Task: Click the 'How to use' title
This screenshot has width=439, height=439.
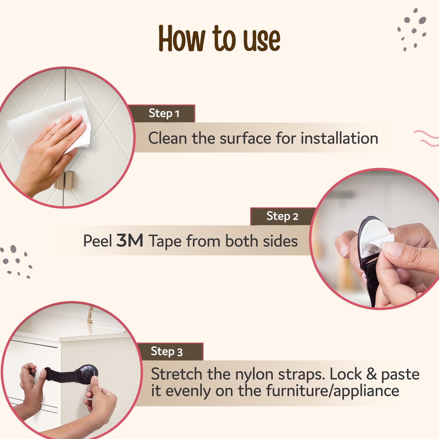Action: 219,39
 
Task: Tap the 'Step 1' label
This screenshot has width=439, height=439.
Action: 164,113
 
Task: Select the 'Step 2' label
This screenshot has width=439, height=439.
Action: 282,216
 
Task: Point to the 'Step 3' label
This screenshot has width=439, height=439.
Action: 166,352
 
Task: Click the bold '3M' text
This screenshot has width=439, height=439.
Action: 130,241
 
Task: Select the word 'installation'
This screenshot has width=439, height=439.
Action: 339,138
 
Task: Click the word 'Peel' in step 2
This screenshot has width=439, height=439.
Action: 98,241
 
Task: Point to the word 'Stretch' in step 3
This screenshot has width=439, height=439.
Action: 177,374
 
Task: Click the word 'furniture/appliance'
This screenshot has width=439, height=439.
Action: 333,391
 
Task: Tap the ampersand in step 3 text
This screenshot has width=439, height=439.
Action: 371,374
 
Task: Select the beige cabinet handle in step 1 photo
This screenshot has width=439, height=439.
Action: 65,180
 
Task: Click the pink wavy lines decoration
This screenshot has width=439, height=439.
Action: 427,138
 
